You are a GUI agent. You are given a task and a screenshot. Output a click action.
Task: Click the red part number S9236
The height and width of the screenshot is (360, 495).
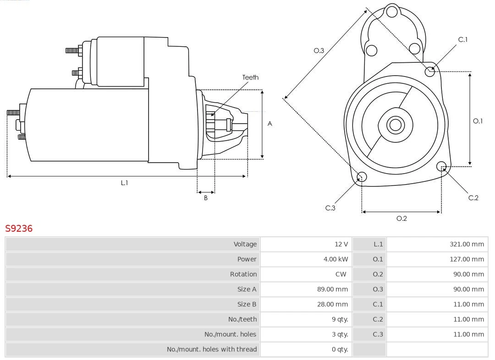(19, 228)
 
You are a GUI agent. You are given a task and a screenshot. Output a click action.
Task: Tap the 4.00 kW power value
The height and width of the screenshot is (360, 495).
(335, 259)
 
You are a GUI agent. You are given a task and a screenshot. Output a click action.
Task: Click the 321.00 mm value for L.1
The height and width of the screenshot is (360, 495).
(467, 244)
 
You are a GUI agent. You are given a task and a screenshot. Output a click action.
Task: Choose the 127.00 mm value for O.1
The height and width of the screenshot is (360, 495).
(467, 259)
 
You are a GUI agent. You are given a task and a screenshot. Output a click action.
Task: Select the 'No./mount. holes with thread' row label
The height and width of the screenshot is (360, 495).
(212, 349)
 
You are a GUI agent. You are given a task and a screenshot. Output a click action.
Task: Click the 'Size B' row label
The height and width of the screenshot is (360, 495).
(247, 304)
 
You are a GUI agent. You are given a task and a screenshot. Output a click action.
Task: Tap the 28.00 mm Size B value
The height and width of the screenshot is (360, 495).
(333, 304)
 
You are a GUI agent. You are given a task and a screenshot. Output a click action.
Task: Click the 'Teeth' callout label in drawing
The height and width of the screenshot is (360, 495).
(250, 77)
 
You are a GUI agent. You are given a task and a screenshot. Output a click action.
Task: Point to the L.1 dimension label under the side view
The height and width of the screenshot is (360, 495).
(124, 183)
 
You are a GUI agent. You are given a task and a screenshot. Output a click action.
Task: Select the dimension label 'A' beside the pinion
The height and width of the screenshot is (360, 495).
(270, 124)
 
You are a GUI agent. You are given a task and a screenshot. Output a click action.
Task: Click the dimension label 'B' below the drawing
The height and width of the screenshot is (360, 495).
(206, 198)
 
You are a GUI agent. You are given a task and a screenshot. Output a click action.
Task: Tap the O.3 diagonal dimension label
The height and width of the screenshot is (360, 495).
(319, 51)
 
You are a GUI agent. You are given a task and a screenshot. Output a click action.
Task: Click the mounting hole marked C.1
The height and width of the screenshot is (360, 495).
(430, 71)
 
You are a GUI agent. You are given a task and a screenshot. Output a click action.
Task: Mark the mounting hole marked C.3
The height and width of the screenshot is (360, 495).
(362, 177)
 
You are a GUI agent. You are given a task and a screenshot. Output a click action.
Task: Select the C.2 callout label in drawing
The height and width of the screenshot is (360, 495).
(473, 198)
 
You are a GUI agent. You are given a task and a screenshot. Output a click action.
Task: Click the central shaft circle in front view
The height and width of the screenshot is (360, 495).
(394, 125)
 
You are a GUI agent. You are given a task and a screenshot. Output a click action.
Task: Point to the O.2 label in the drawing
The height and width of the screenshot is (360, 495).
(401, 218)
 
